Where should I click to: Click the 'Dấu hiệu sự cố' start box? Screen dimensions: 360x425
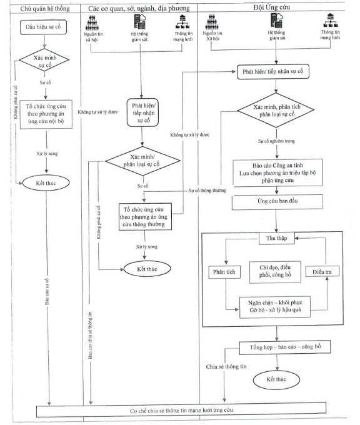pos(43,27)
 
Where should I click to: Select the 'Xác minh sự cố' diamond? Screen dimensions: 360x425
pos(44,60)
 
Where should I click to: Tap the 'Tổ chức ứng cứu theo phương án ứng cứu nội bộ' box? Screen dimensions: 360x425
pos(46,114)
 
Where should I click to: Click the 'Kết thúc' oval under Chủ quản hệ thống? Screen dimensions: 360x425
pos(46,183)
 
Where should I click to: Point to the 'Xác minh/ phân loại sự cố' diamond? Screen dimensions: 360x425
pos(142,161)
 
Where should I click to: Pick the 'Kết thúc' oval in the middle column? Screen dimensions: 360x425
pos(147,269)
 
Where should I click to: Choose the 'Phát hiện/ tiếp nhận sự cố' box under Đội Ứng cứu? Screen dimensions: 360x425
pos(273,72)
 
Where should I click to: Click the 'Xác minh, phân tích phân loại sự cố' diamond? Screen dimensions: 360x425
pos(276,111)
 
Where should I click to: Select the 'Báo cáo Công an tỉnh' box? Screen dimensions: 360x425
pos(277,172)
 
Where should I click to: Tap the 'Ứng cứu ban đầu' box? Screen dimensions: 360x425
pos(277,201)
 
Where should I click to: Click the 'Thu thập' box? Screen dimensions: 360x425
pos(276,238)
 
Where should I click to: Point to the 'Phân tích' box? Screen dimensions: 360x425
pos(224,272)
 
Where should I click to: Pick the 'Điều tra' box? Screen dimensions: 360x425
pos(322,272)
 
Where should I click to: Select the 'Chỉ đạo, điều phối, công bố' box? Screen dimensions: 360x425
pos(275,272)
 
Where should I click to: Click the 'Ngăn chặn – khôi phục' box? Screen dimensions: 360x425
pos(275,307)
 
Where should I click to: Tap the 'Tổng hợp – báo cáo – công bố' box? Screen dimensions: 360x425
pos(284,347)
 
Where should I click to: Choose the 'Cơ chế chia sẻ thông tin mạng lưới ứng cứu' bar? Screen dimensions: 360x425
pos(181,410)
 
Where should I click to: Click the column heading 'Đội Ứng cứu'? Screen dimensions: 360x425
pos(272,7)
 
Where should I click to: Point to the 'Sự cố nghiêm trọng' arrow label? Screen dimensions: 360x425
pos(276,141)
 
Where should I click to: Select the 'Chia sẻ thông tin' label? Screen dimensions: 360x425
pos(226,367)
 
